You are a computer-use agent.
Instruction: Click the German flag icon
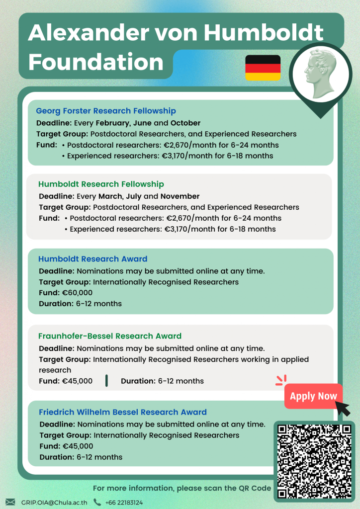263,68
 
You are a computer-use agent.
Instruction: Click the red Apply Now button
313,396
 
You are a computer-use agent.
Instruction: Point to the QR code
314,461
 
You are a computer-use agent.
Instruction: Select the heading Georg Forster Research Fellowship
106,111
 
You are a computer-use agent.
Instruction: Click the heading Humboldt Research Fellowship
101,184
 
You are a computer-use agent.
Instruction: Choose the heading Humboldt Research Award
93,259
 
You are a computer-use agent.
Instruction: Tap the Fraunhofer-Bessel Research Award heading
110,336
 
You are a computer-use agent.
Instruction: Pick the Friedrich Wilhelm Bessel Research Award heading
123,412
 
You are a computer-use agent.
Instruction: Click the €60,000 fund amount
77,293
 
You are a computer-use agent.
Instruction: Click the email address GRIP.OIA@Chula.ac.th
54,503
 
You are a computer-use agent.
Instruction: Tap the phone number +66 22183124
124,503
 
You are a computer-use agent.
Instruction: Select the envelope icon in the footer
10,502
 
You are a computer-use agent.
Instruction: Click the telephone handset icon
97,502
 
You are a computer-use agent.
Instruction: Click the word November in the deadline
180,196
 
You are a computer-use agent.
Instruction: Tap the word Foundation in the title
96,62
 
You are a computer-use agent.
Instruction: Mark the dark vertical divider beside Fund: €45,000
106,381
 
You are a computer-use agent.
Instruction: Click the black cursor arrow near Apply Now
343,408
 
